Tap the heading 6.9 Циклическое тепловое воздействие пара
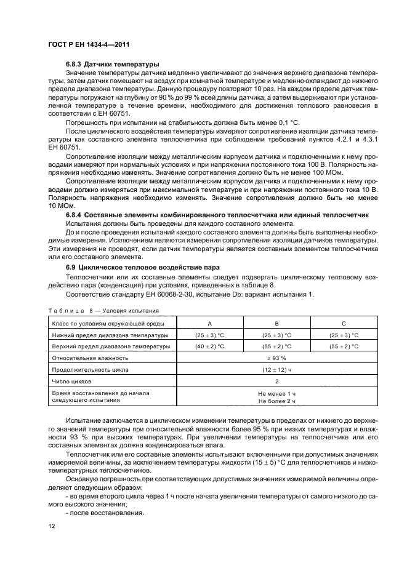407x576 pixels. [143, 268]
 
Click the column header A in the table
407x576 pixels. [211, 323]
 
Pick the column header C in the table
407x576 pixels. [344, 323]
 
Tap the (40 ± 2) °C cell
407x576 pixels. [211, 346]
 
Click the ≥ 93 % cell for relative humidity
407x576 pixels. [277, 358]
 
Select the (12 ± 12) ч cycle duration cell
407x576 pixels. [277, 369]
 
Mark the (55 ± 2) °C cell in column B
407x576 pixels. [277, 346]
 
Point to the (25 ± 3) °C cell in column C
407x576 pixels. [344, 335]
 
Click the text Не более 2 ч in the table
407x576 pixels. [277, 401]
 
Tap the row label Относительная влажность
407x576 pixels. [90, 358]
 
